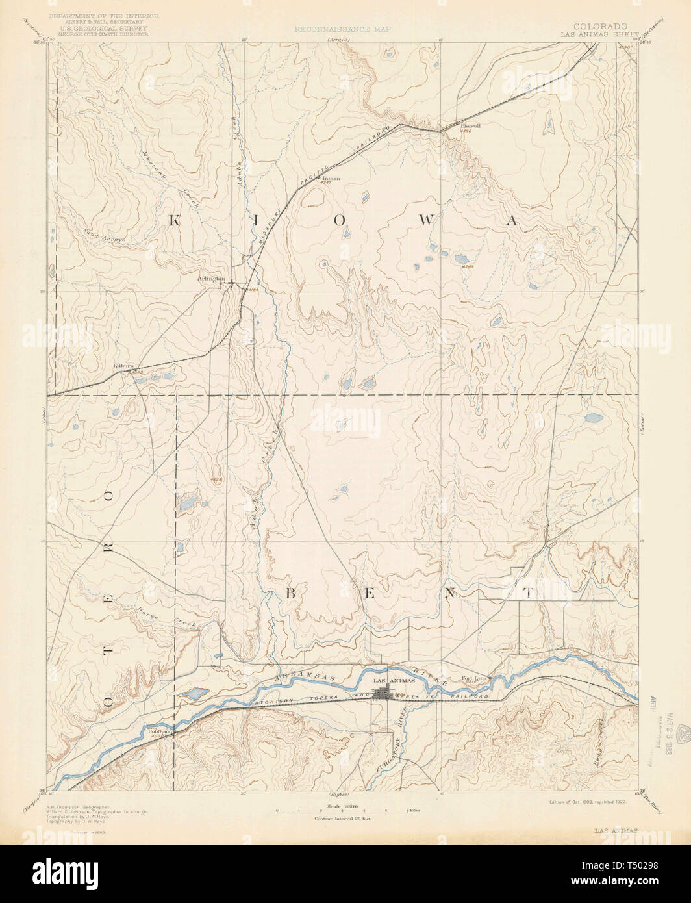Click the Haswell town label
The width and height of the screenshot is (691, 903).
coord(470,126)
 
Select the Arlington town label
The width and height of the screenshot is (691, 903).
coord(211,278)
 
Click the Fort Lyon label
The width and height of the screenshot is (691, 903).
coord(473,680)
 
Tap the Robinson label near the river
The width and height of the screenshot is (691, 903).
coord(158,729)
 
